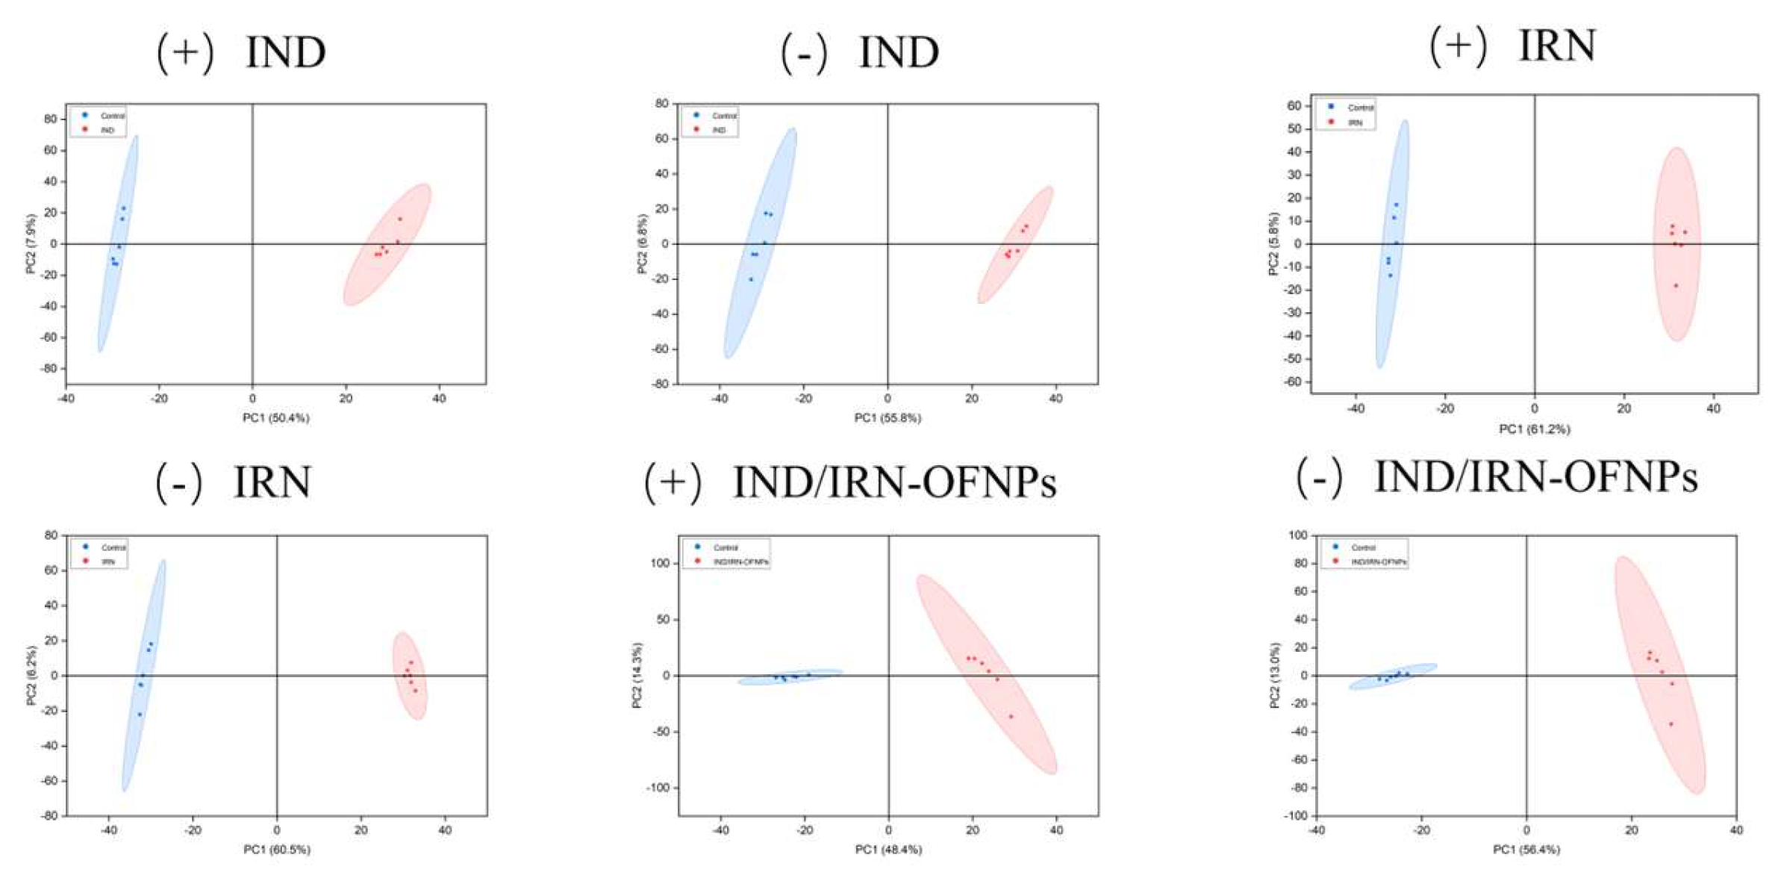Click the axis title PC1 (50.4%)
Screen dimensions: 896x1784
tap(275, 418)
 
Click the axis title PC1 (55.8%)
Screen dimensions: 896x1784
tap(888, 418)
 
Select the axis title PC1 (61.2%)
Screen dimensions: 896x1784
tap(1534, 429)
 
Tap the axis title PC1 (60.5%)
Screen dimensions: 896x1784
tap(276, 850)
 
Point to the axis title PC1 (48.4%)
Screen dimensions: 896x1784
tap(888, 850)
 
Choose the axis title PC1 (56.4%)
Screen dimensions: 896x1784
tap(1526, 850)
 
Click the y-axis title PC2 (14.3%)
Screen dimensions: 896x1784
tap(637, 675)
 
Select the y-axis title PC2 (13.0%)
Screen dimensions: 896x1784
tap(1275, 675)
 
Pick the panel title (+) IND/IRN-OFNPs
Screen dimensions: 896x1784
tap(850, 482)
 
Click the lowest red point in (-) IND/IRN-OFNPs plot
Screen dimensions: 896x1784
tap(1671, 724)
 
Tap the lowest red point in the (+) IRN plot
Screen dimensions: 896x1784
tap(1675, 286)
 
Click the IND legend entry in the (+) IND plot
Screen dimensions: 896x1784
tap(107, 130)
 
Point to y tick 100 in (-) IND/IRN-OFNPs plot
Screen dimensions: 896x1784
tap(1298, 535)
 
